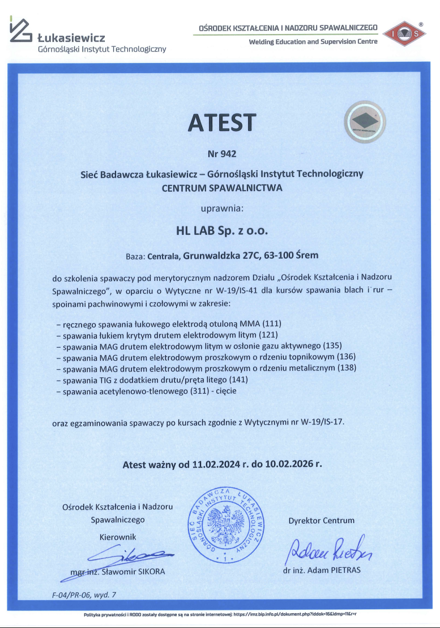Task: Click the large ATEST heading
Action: pyautogui.click(x=221, y=123)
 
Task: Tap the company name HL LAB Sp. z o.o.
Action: pyautogui.click(x=221, y=231)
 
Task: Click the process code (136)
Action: pyautogui.click(x=349, y=357)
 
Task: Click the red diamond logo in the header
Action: pyautogui.click(x=404, y=33)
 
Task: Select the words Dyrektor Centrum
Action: pyautogui.click(x=322, y=521)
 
